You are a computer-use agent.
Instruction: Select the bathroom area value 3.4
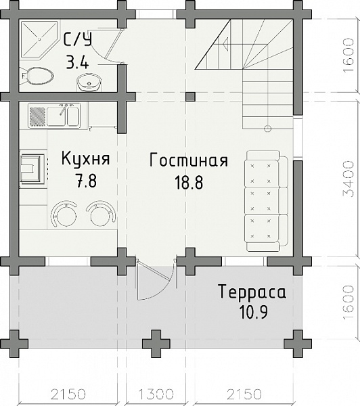tap(78, 63)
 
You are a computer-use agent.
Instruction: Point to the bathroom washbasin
tap(88, 83)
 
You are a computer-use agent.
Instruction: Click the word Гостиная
tap(187, 160)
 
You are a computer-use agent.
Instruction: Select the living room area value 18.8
tap(187, 181)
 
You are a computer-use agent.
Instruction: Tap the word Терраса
tap(252, 292)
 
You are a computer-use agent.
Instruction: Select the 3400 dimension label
tap(348, 178)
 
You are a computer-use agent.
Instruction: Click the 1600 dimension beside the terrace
tap(348, 302)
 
